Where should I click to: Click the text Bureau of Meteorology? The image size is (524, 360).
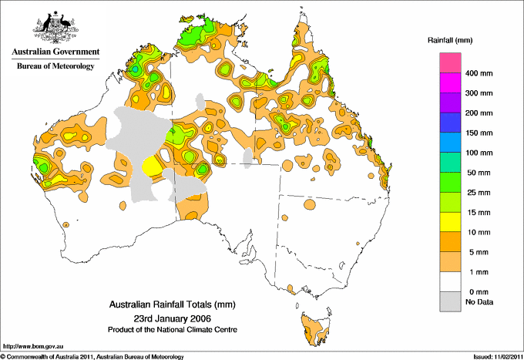55,66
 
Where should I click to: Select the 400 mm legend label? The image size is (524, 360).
479,74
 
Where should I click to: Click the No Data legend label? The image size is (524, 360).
479,301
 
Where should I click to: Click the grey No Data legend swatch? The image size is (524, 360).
451,301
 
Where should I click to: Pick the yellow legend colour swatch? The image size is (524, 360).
451,223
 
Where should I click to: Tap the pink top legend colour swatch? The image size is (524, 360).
451,62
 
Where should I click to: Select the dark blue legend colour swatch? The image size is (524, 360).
451,119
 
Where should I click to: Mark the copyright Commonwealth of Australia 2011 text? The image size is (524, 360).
92,355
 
